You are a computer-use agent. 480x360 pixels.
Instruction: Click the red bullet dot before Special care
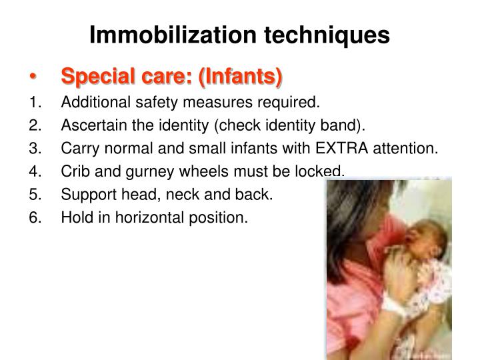pos(33,78)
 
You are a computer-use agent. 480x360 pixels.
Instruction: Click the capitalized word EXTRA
pos(347,149)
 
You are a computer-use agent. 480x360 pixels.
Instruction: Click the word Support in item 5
pos(84,194)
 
